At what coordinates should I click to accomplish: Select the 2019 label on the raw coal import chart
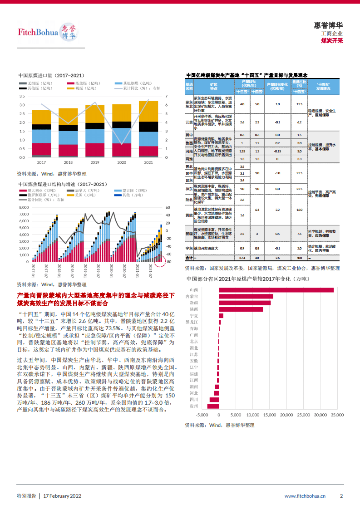94,162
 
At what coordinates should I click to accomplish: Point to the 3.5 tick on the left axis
22,96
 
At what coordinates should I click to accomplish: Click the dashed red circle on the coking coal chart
160,260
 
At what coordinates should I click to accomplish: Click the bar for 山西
276,290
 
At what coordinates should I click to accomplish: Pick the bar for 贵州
213,406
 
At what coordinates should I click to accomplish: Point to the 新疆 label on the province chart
193,303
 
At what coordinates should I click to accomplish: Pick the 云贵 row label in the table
189,122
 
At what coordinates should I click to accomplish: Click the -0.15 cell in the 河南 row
277,151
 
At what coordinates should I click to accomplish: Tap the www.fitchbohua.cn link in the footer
305,496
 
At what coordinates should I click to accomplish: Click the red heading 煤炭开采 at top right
331,40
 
